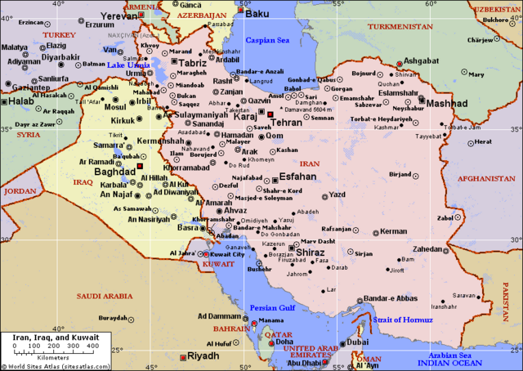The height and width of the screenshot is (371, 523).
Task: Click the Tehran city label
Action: pos(286,122)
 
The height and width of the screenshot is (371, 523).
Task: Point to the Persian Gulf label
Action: pos(272,308)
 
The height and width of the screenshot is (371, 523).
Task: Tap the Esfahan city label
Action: pos(297,176)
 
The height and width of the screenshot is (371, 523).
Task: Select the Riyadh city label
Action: pos(203,356)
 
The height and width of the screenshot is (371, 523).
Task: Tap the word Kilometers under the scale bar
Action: pos(50,357)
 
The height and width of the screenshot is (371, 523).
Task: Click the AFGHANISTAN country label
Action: pos(485,177)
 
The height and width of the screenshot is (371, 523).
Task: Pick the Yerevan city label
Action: pos(119,16)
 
